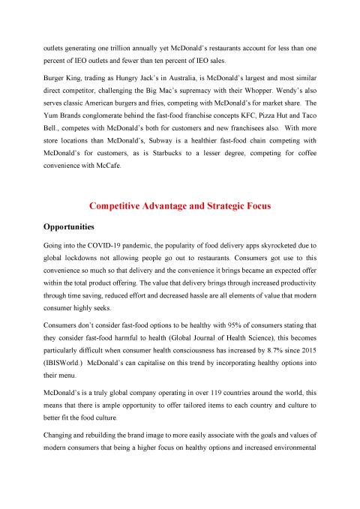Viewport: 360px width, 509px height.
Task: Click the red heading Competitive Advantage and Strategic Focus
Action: coord(180,205)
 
